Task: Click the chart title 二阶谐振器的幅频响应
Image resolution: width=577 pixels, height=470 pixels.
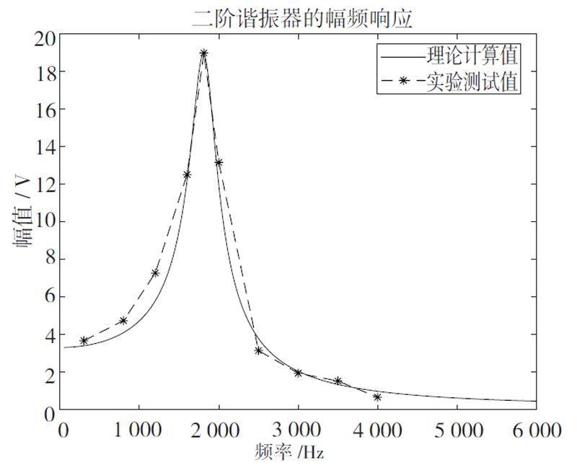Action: coord(302,18)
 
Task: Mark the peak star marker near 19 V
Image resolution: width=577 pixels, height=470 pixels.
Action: coord(204,53)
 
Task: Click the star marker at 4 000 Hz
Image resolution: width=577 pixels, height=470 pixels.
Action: coord(377,397)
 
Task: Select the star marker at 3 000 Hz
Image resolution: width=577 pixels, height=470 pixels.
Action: coord(298,373)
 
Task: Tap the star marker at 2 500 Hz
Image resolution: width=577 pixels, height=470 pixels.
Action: coord(258,350)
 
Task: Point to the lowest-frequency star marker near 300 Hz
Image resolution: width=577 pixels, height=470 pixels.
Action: coord(84,340)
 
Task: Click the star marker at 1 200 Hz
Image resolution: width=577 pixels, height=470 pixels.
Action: coord(155,273)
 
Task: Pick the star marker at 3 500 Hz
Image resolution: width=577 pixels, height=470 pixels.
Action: coord(338,381)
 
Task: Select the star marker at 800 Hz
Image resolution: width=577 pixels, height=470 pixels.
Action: coord(123,321)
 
